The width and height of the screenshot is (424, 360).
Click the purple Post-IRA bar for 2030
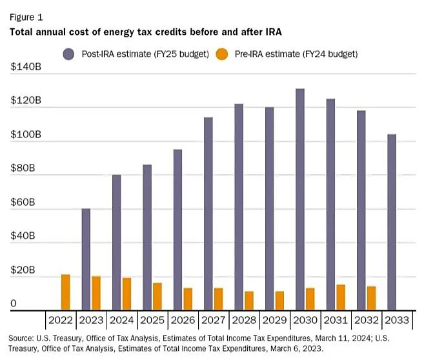pyautogui.click(x=299, y=200)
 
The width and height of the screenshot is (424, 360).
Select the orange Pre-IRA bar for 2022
pyautogui.click(x=65, y=292)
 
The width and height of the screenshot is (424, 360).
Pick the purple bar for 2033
pyautogui.click(x=392, y=223)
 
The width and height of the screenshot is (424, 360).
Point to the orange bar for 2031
pyautogui.click(x=340, y=297)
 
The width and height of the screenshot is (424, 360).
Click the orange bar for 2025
pyautogui.click(x=157, y=297)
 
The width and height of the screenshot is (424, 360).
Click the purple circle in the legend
pyautogui.click(x=68, y=54)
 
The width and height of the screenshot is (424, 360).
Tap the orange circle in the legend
pyautogui.click(x=221, y=54)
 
